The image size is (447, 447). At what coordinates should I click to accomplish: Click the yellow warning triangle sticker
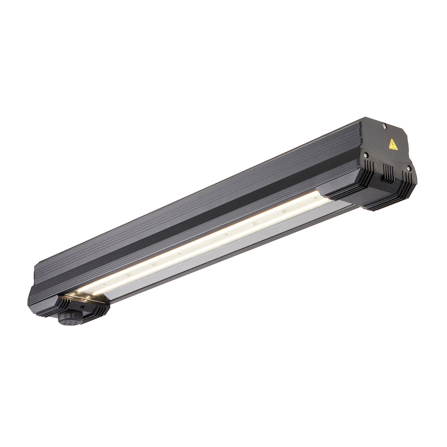coord(392,144)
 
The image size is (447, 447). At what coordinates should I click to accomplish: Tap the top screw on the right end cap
coord(384,127)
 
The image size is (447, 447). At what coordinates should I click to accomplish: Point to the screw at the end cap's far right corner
coord(408,168)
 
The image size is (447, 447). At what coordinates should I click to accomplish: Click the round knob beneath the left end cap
coord(67,319)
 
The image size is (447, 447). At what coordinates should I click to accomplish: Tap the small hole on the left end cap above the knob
coord(82,308)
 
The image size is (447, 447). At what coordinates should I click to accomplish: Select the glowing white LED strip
coord(201,244)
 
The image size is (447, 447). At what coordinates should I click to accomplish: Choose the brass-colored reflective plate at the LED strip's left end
coord(78,297)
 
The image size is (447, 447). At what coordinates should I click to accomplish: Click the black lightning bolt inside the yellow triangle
coord(392,145)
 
